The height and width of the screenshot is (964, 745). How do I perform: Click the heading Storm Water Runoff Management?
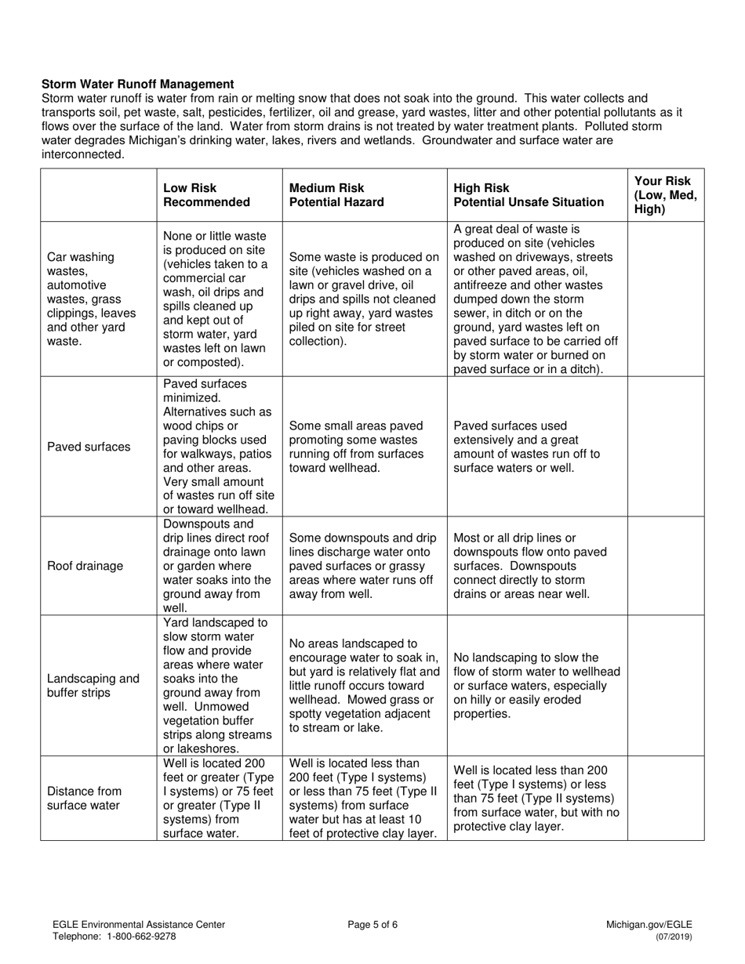point(137,84)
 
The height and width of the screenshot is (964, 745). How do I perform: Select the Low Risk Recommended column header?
point(206,195)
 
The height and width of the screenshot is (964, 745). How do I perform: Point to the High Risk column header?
point(529,195)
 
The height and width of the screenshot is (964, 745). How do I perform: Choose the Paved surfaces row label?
point(89,447)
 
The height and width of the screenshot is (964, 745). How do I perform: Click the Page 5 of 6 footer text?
point(372,924)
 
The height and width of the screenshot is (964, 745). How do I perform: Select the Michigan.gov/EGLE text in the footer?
point(649,925)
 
